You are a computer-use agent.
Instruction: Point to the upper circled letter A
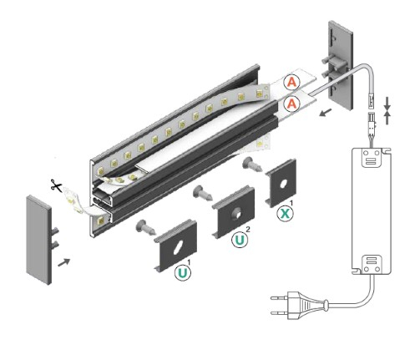pos(291,83)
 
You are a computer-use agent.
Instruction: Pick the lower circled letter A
pos(291,104)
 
